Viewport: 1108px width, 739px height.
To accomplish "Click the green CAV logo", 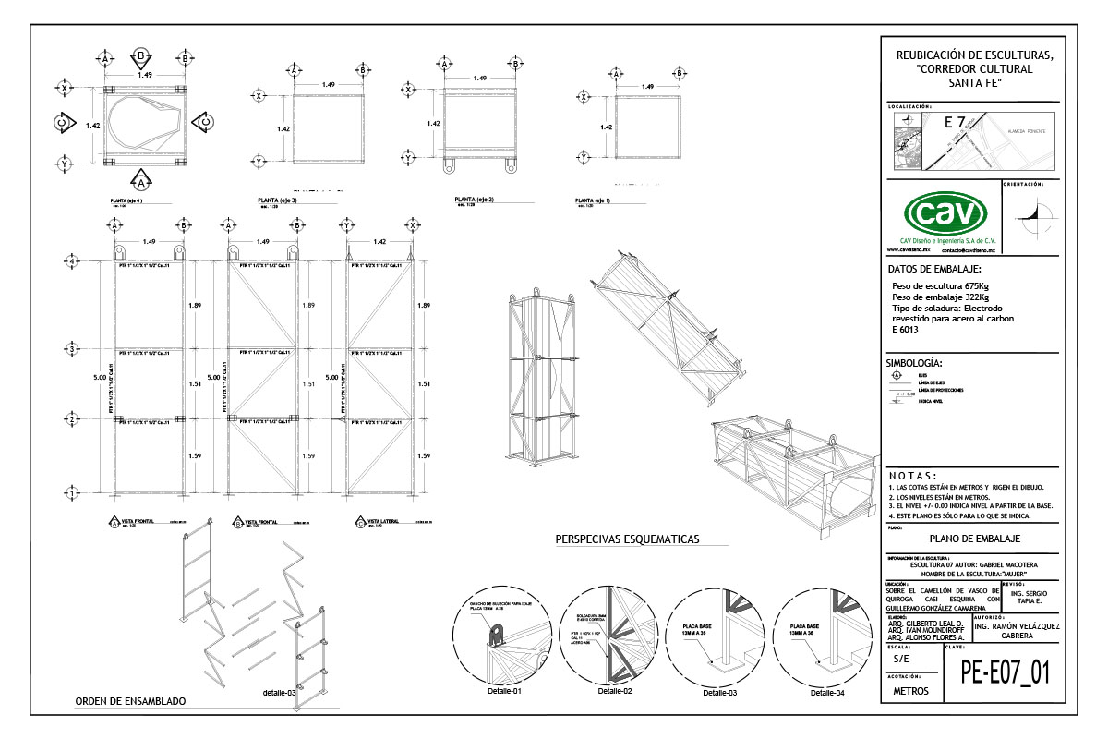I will pos(943,215).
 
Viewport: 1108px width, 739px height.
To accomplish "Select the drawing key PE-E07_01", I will pos(1005,672).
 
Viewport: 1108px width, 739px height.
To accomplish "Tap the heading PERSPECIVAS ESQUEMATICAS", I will pos(627,539).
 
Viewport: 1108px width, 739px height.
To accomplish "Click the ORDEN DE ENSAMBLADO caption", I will pos(130,702).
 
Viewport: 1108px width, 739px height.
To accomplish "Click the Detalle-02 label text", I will pos(615,691).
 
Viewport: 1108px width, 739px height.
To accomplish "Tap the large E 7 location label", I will pos(955,122).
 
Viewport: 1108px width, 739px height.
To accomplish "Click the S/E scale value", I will pos(901,660).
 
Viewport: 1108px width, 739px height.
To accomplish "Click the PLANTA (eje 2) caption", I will pos(475,200).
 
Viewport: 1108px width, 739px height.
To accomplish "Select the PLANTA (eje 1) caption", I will pos(593,200).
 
